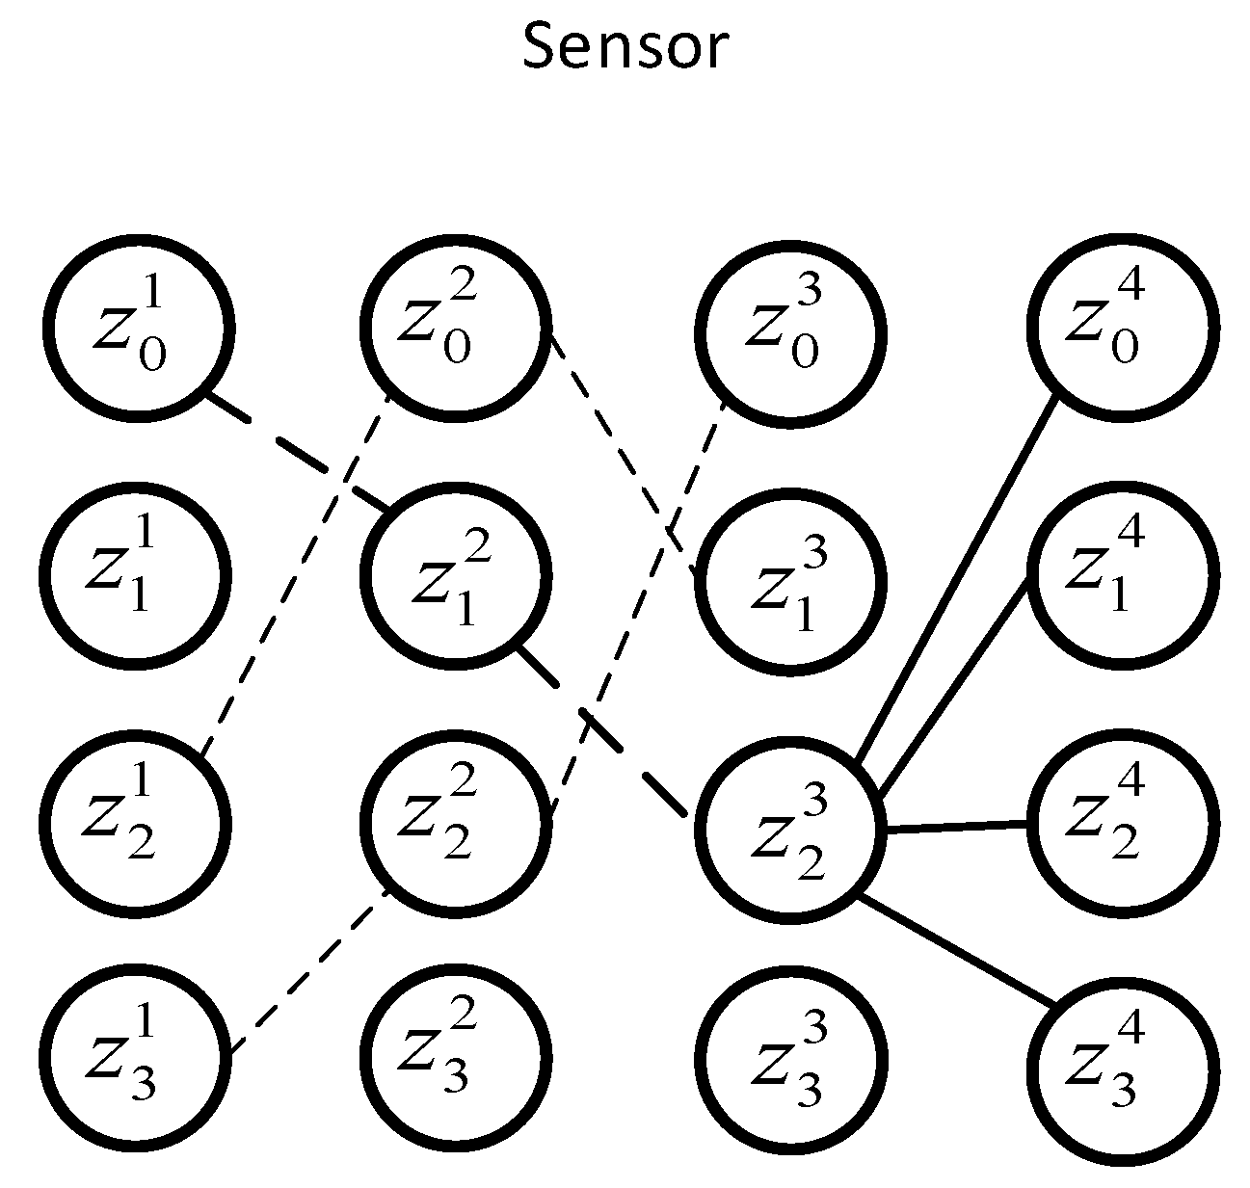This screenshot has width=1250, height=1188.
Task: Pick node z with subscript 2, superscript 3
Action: [790, 830]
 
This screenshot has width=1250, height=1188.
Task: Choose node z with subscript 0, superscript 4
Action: [1123, 328]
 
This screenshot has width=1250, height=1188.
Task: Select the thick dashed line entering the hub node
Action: [602, 732]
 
